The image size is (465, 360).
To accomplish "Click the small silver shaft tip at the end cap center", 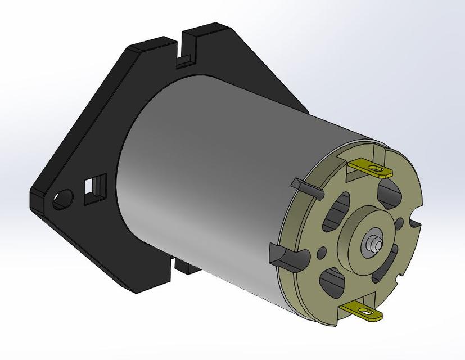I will click(373, 244).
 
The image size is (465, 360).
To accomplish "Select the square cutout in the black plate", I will click(94, 188).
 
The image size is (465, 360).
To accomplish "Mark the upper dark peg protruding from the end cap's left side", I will click(304, 188).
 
